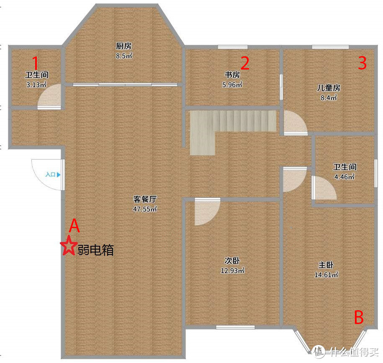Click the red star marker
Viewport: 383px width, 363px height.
tap(68, 246)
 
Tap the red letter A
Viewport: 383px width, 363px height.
tap(74, 226)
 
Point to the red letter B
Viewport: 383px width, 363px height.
tap(359, 318)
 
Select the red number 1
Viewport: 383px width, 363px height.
tap(36, 63)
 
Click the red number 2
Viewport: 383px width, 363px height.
tap(245, 63)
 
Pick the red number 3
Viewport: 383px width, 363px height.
tap(362, 63)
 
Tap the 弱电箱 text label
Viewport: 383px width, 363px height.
tap(95, 250)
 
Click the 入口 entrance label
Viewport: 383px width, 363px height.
tap(50, 175)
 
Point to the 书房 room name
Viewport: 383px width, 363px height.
tap(232, 75)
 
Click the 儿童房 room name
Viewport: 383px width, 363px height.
tap(328, 88)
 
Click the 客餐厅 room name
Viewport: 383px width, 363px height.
tap(145, 199)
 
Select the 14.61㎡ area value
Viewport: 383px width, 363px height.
tap(326, 275)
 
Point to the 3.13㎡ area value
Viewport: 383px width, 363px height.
tap(36, 84)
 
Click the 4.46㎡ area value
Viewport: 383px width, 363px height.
tap(344, 177)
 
